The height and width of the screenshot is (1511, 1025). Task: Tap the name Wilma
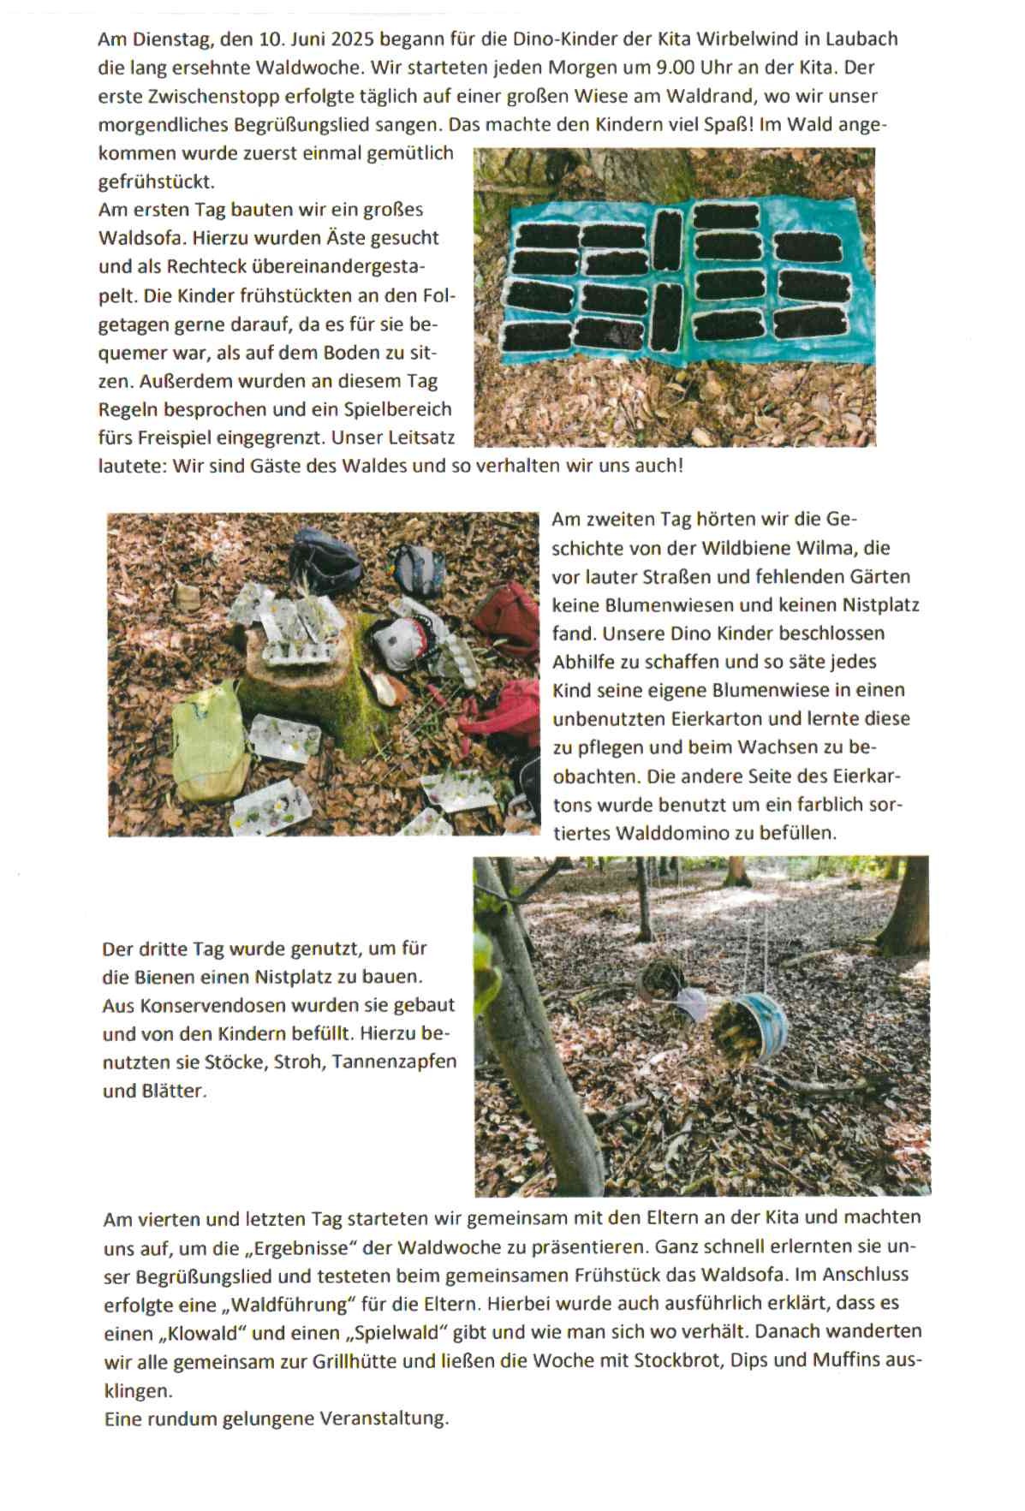tap(819, 548)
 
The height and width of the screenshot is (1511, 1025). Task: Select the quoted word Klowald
tap(194, 1333)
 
